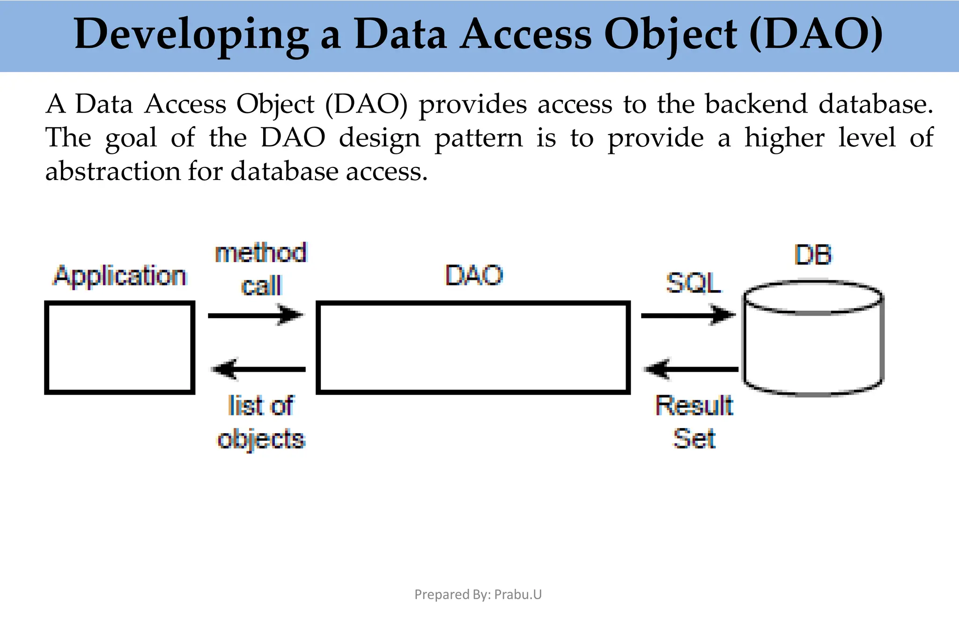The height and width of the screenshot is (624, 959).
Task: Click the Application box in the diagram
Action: [119, 347]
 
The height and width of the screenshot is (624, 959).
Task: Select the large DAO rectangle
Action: [473, 347]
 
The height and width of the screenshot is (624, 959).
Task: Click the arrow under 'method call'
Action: [256, 315]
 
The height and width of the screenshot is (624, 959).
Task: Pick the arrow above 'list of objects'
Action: [259, 369]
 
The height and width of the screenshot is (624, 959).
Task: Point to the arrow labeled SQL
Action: [687, 315]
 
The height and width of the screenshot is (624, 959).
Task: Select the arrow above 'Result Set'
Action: [692, 369]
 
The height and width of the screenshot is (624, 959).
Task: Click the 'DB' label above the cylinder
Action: [813, 256]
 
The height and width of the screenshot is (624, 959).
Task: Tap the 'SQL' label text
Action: [693, 283]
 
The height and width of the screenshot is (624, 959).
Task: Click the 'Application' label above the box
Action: [120, 276]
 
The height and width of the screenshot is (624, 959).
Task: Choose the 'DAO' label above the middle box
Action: [473, 275]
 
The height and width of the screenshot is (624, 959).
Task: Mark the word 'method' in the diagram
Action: [261, 253]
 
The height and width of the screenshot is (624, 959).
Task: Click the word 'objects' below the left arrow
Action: [261, 440]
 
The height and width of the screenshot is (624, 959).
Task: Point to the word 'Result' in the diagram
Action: [693, 406]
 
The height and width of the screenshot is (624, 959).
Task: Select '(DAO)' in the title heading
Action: [816, 34]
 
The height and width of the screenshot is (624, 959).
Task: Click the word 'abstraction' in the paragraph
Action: [112, 171]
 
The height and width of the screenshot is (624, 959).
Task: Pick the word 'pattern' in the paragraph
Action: [478, 138]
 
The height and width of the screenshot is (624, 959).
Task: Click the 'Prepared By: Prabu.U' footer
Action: [478, 594]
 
